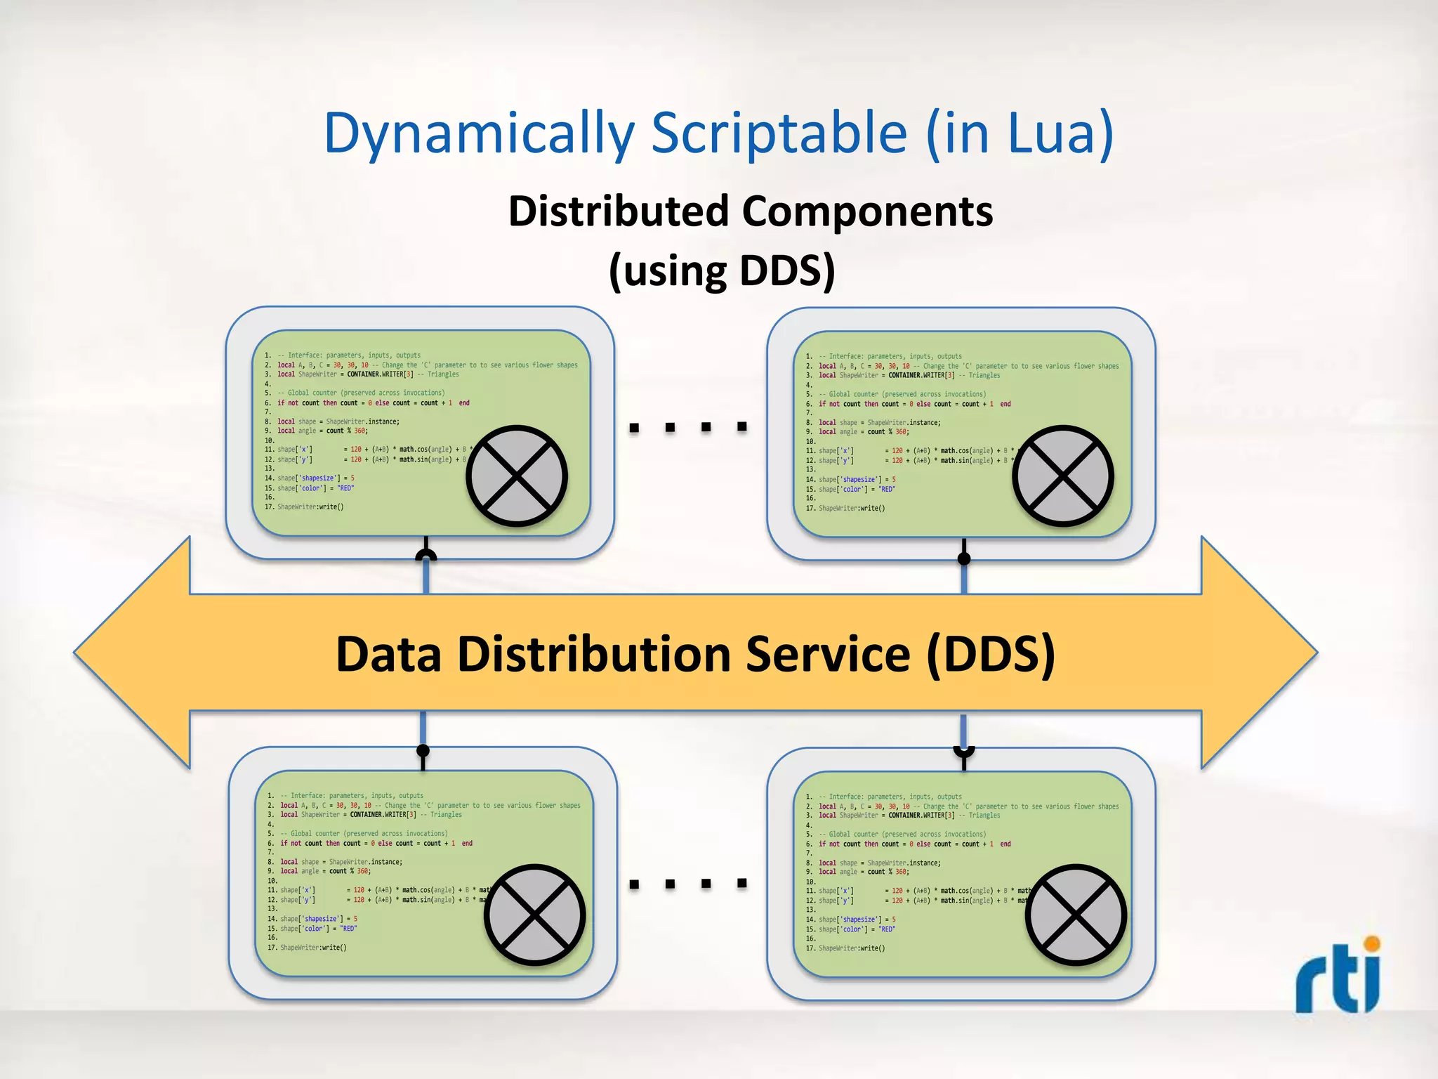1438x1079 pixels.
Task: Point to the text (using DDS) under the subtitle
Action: [722, 270]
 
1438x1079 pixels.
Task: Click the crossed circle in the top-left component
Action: [517, 476]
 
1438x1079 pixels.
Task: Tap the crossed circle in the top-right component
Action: [1062, 476]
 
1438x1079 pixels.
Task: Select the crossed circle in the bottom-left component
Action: [534, 915]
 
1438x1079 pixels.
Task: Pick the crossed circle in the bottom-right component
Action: [1075, 915]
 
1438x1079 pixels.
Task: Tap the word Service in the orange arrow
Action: [827, 654]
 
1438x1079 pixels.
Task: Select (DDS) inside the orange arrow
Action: [991, 654]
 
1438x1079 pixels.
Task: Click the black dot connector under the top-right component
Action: [964, 558]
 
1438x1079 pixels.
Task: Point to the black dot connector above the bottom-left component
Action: [423, 751]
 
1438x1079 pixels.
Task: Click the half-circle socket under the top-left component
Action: [426, 556]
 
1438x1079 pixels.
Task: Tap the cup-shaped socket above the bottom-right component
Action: [964, 752]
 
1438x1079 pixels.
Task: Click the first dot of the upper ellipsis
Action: [634, 427]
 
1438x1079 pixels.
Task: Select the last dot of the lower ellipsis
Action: [741, 883]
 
